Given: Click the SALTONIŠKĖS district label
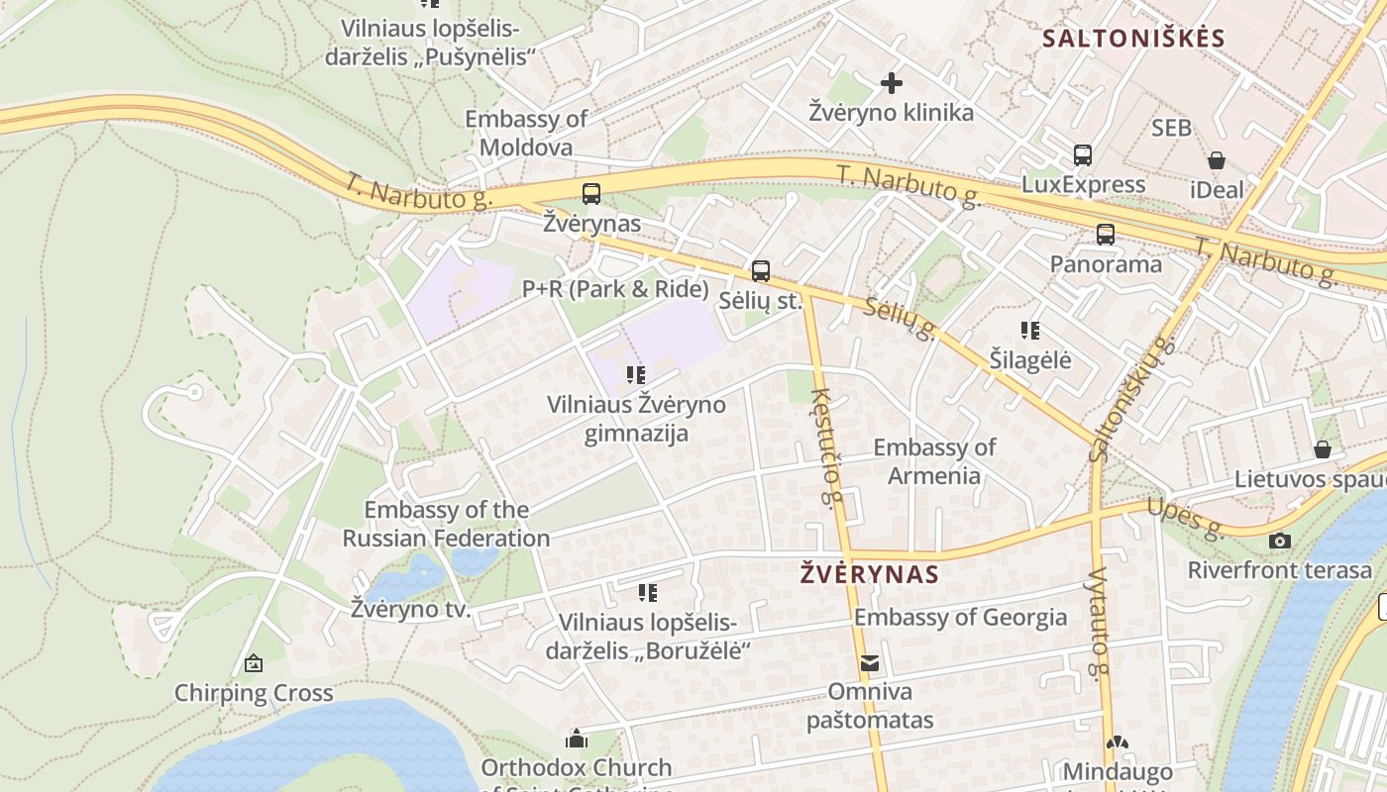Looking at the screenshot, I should (1134, 39).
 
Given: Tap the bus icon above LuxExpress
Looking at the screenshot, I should (1083, 155).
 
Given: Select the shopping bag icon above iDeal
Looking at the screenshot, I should (1217, 160).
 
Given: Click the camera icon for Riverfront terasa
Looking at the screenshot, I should (1280, 541).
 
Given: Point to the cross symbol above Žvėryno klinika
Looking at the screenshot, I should (892, 83).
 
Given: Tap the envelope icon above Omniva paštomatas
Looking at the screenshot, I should (870, 663).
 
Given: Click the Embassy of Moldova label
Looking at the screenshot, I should (526, 134).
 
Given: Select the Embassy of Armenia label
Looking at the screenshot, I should (934, 461).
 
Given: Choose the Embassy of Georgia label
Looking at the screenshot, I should (961, 618).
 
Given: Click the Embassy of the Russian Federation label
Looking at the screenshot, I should (446, 525).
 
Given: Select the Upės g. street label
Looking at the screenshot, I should (1185, 517).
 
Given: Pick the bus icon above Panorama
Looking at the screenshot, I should (1106, 235).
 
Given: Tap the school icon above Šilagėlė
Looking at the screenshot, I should (1030, 331).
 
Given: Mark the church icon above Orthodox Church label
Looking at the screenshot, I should (576, 739).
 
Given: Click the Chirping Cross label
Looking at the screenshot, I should (254, 693).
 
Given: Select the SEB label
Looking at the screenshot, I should (1171, 128).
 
